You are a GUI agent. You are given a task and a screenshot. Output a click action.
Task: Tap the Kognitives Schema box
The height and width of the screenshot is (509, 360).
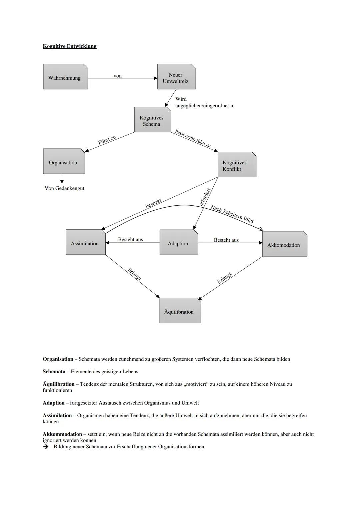[x=152, y=120]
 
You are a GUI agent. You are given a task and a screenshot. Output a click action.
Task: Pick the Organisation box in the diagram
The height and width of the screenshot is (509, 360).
[x=64, y=162]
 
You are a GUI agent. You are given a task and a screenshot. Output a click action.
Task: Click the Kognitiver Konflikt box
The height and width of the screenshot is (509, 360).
[x=237, y=165]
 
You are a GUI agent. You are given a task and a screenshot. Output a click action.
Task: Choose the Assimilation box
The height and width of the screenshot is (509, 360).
[x=85, y=243]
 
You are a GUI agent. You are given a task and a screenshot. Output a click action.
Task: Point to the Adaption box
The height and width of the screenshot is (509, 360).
[x=179, y=243]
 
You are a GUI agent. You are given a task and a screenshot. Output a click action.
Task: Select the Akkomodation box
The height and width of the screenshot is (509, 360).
[x=284, y=244]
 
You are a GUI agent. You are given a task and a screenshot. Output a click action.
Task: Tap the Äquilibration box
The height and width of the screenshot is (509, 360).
[x=180, y=311]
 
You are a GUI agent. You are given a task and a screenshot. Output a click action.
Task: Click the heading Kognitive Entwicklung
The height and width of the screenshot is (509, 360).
[x=70, y=46]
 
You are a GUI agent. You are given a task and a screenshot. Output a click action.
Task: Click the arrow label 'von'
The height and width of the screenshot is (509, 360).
[x=118, y=76]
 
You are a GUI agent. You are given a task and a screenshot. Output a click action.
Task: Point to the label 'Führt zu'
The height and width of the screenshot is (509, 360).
[x=107, y=140]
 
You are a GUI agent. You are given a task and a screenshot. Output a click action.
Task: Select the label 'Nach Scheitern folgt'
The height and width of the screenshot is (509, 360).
[x=232, y=214]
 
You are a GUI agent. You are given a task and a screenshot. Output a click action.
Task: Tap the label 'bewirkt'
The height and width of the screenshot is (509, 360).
[x=153, y=203]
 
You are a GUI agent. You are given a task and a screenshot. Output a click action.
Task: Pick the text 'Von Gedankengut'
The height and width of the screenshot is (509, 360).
[x=64, y=188]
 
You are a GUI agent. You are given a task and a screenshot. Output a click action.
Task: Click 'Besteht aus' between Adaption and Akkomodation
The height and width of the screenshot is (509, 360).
[x=226, y=240]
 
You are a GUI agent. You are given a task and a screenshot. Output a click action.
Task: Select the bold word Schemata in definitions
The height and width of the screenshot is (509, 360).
[x=54, y=372]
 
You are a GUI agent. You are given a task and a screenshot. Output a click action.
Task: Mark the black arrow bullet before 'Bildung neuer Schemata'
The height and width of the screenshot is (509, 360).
[x=46, y=447]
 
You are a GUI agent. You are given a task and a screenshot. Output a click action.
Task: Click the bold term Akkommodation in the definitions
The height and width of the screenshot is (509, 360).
[x=62, y=434]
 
